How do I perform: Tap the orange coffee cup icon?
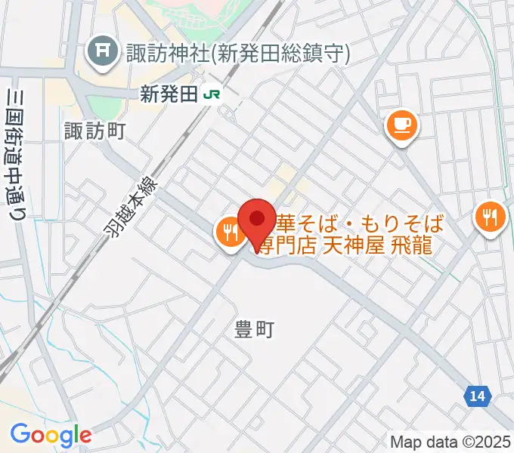coord(401,125)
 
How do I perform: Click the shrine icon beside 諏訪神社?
coord(102,52)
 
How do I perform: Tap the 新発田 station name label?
coord(169,94)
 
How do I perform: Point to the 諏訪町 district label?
coord(95,131)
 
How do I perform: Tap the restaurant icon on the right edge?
coord(491,219)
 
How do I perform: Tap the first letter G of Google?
coord(20,434)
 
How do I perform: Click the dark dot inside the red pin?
coord(256,218)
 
